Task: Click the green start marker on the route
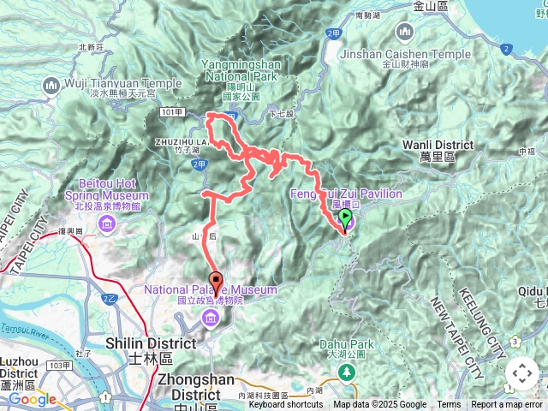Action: [x=345, y=220]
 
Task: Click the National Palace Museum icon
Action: [x=210, y=319]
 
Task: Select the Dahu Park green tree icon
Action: [x=347, y=372]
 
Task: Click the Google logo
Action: [x=32, y=399]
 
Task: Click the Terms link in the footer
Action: [x=449, y=405]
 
